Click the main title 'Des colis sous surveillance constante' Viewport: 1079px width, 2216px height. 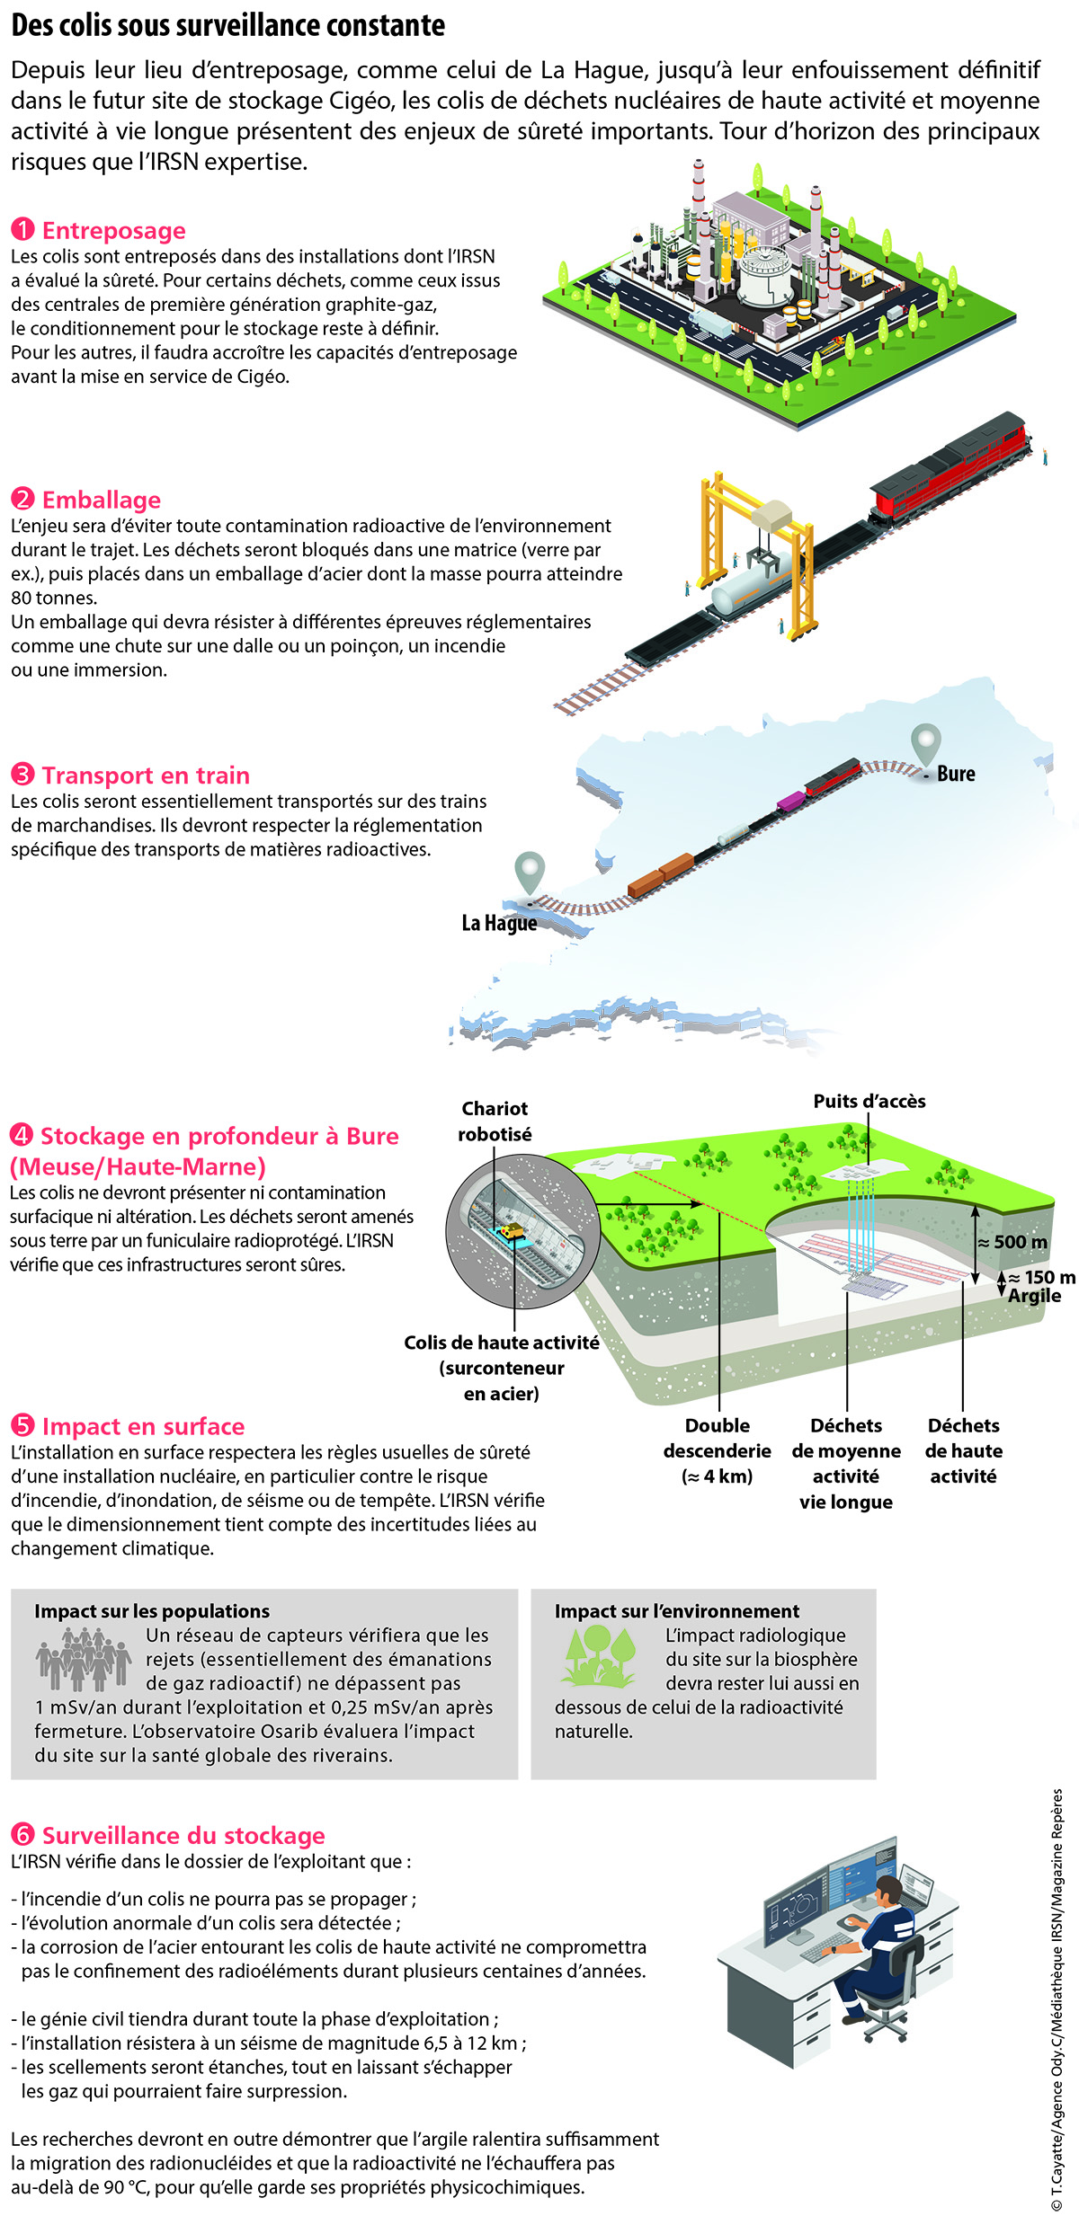(x=228, y=26)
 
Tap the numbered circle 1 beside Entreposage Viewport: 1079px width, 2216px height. (x=22, y=230)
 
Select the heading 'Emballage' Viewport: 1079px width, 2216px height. (x=102, y=500)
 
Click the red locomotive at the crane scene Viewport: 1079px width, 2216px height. (x=948, y=466)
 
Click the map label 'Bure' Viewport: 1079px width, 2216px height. (x=956, y=774)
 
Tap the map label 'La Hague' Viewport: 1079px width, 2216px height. (x=499, y=923)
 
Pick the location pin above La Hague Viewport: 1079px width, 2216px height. (x=530, y=873)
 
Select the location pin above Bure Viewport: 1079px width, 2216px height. (x=925, y=745)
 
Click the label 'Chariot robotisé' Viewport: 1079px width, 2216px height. (x=495, y=1121)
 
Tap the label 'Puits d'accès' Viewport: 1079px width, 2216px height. (x=869, y=1101)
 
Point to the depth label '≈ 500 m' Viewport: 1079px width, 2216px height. (x=1012, y=1242)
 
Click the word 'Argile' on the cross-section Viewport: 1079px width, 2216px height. (x=1034, y=1296)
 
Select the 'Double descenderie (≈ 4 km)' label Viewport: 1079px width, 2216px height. (x=717, y=1450)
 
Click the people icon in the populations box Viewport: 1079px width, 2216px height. (x=84, y=1659)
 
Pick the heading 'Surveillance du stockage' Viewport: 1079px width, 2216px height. (x=183, y=1835)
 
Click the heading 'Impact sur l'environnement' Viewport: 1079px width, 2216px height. (x=676, y=1611)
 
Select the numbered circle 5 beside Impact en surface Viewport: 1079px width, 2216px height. (x=22, y=1425)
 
